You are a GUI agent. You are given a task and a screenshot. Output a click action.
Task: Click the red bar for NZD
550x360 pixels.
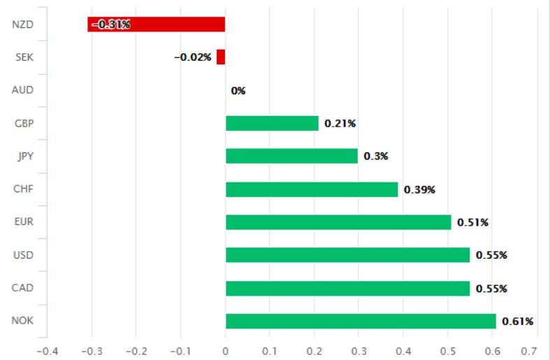(x=157, y=24)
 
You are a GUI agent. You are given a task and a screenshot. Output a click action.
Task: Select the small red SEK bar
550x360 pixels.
(x=221, y=57)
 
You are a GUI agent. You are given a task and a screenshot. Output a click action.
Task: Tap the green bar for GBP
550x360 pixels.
(x=272, y=124)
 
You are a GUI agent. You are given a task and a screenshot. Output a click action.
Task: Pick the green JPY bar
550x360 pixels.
(x=291, y=156)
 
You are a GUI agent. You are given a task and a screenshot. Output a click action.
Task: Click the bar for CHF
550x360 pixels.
(x=312, y=189)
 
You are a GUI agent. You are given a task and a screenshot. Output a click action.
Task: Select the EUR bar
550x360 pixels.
(x=338, y=222)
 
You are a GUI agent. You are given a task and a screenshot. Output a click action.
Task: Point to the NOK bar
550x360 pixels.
(x=361, y=322)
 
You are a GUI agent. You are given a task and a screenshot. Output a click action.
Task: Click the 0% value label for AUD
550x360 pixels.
(x=238, y=91)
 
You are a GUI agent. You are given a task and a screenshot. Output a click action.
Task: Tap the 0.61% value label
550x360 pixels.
(x=518, y=322)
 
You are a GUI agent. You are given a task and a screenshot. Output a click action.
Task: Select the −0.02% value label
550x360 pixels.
(x=193, y=57)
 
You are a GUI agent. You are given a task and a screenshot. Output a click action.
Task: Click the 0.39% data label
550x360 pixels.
(x=419, y=189)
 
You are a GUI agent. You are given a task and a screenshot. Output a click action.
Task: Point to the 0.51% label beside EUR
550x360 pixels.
(x=473, y=222)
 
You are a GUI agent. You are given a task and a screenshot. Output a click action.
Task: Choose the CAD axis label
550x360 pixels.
(x=23, y=288)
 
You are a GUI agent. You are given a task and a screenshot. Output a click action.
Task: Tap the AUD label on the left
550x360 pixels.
(x=23, y=90)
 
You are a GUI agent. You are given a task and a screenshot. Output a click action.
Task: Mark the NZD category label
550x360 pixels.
(x=23, y=24)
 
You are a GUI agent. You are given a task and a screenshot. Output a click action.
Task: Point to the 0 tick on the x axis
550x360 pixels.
(x=226, y=350)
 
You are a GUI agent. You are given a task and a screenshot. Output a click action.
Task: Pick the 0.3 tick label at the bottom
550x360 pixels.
(x=359, y=350)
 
